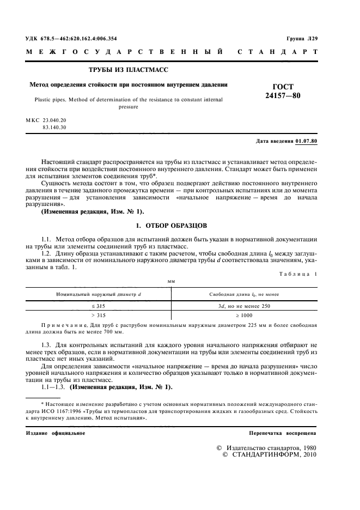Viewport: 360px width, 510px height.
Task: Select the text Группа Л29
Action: (x=302, y=39)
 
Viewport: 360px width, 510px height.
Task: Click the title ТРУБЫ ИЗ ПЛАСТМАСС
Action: (x=129, y=70)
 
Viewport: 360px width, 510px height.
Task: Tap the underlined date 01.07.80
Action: (x=306, y=142)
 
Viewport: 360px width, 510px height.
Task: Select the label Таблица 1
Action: (x=298, y=274)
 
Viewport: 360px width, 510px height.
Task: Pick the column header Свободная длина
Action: (x=244, y=294)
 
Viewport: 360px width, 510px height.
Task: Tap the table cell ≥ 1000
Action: (x=244, y=315)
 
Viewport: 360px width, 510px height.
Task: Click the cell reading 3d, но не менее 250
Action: (x=244, y=306)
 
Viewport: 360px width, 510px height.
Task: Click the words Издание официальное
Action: (x=56, y=433)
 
